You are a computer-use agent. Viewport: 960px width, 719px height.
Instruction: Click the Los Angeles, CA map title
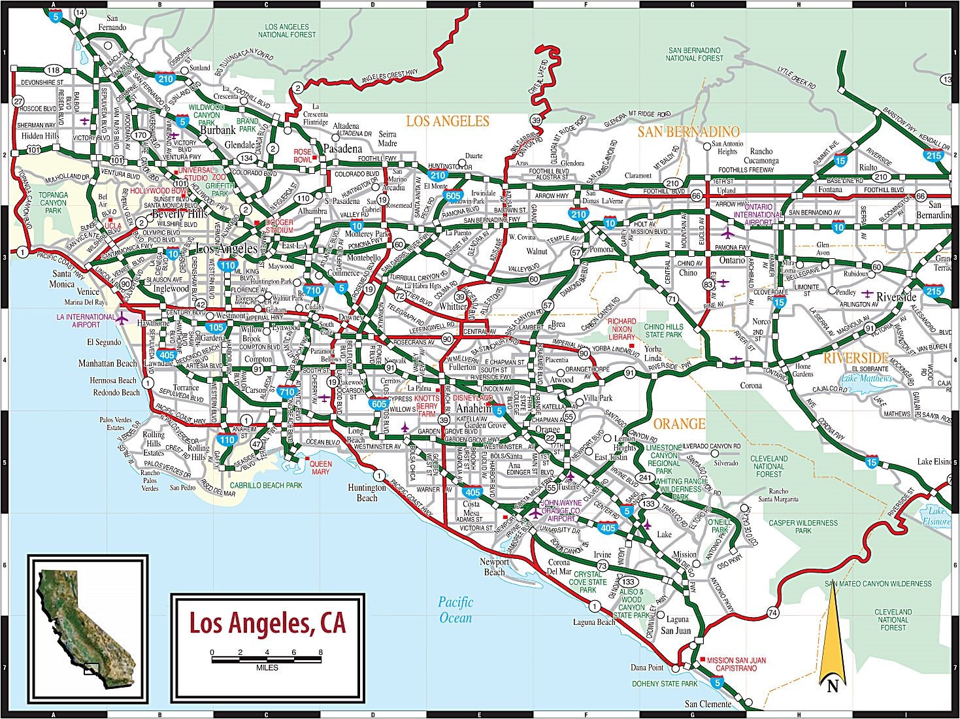pyautogui.click(x=267, y=623)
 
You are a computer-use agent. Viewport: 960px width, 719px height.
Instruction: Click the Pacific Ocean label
pyautogui.click(x=455, y=610)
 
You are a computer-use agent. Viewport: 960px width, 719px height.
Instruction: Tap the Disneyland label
pyautogui.click(x=472, y=398)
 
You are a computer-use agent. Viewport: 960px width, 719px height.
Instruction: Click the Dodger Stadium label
pyautogui.click(x=279, y=226)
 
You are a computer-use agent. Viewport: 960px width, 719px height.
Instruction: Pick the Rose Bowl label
pyautogui.click(x=303, y=156)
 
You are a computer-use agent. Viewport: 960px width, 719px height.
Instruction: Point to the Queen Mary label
pyautogui.click(x=320, y=468)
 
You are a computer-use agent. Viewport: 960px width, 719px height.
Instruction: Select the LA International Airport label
pyautogui.click(x=86, y=320)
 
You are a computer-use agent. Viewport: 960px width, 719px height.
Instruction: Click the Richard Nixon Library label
pyautogui.click(x=621, y=329)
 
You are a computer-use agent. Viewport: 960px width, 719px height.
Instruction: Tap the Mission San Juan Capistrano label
pyautogui.click(x=736, y=664)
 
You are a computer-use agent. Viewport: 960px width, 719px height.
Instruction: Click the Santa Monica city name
pyautogui.click(x=62, y=279)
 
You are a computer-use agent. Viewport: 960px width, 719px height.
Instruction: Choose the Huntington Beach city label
pyautogui.click(x=367, y=493)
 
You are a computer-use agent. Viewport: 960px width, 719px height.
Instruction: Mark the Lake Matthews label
pyautogui.click(x=866, y=378)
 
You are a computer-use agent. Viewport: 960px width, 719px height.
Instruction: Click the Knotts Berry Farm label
pyautogui.click(x=427, y=406)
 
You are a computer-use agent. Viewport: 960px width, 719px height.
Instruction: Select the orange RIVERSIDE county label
pyautogui.click(x=855, y=358)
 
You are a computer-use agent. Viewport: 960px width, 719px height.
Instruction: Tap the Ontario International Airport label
pyautogui.click(x=757, y=214)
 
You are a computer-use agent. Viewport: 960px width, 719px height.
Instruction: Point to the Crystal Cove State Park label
pyautogui.click(x=588, y=582)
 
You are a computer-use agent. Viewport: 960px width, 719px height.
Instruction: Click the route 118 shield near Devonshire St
pyautogui.click(x=53, y=70)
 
